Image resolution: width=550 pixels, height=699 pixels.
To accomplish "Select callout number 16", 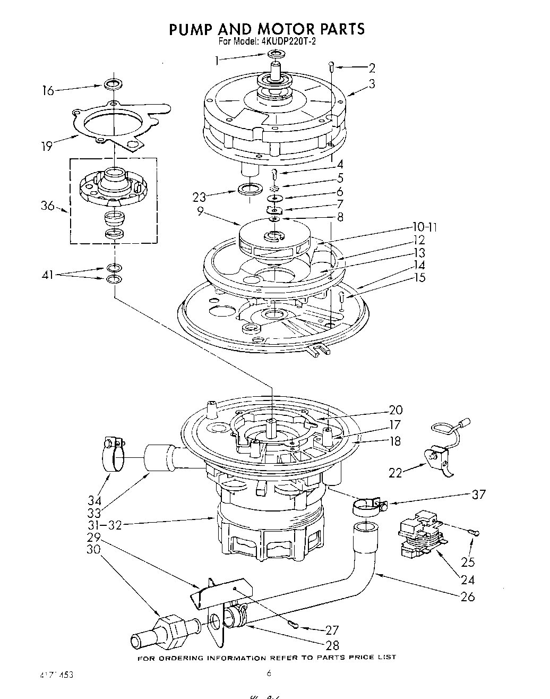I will (48, 91).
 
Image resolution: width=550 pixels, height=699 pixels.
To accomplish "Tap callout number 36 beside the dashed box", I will (48, 206).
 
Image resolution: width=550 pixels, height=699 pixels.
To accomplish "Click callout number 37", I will (478, 495).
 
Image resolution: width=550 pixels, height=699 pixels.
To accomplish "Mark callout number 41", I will (48, 275).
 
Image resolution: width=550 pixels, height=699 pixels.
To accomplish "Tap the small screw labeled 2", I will (331, 66).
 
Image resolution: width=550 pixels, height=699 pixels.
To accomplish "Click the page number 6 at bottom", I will (269, 674).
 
